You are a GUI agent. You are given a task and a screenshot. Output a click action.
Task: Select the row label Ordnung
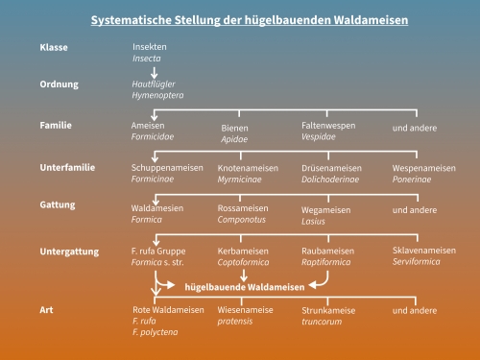pyautogui.click(x=59, y=84)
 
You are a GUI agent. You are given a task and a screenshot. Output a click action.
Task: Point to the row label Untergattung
pyautogui.click(x=69, y=252)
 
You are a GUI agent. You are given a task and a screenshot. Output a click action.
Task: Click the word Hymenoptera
pyautogui.click(x=157, y=96)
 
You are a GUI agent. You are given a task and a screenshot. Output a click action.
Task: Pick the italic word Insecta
pyautogui.click(x=147, y=59)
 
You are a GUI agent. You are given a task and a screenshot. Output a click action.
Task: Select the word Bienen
pyautogui.click(x=234, y=128)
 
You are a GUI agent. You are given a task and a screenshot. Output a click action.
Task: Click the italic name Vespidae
pyautogui.click(x=320, y=137)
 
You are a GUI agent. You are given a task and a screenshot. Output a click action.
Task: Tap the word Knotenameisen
pyautogui.click(x=249, y=168)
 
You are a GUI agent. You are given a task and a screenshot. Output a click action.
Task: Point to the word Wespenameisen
pyautogui.click(x=424, y=168)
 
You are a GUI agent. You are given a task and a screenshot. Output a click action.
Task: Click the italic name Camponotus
pyautogui.click(x=240, y=220)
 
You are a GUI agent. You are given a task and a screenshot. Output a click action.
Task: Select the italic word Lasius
pyautogui.click(x=314, y=221)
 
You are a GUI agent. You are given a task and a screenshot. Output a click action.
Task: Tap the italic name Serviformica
pyautogui.click(x=417, y=262)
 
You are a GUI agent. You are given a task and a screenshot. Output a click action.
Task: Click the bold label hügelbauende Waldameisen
pyautogui.click(x=245, y=286)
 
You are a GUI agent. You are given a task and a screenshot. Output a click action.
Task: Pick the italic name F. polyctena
pyautogui.click(x=155, y=332)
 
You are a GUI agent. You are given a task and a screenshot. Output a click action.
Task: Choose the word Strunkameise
pyautogui.click(x=328, y=310)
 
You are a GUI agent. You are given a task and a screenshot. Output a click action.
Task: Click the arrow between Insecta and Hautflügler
pyautogui.click(x=155, y=70)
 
